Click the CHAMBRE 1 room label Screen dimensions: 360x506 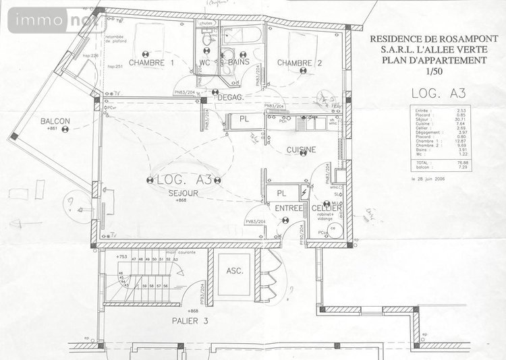coord(152,63)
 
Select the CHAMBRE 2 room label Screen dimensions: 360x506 coord(300,63)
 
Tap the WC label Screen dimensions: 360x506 coord(205,63)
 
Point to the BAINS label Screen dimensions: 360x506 coord(239,62)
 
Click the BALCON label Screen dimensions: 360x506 coord(55,121)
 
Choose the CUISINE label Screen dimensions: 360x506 coord(302,150)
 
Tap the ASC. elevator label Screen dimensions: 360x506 coord(234,272)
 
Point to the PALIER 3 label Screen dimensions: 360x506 coord(189,322)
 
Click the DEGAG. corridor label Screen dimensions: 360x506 coord(230,98)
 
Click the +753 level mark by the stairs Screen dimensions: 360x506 coord(121,257)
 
